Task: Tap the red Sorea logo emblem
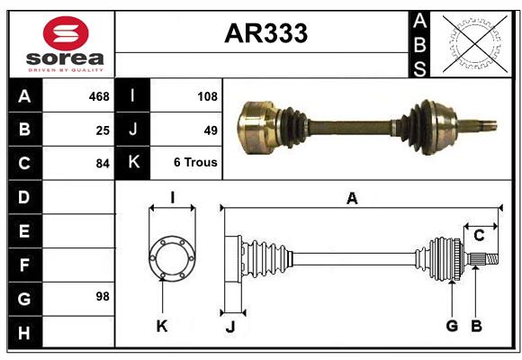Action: (65, 35)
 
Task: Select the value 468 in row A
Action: (98, 96)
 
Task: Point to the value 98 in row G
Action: (102, 296)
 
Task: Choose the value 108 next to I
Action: (206, 96)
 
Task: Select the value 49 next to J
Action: (211, 130)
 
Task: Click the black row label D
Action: (24, 197)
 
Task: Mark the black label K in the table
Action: (133, 164)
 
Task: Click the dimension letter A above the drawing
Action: (352, 199)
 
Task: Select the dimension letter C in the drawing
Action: (479, 236)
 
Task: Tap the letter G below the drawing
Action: (452, 326)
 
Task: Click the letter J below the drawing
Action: (229, 328)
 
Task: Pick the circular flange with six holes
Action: (171, 257)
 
